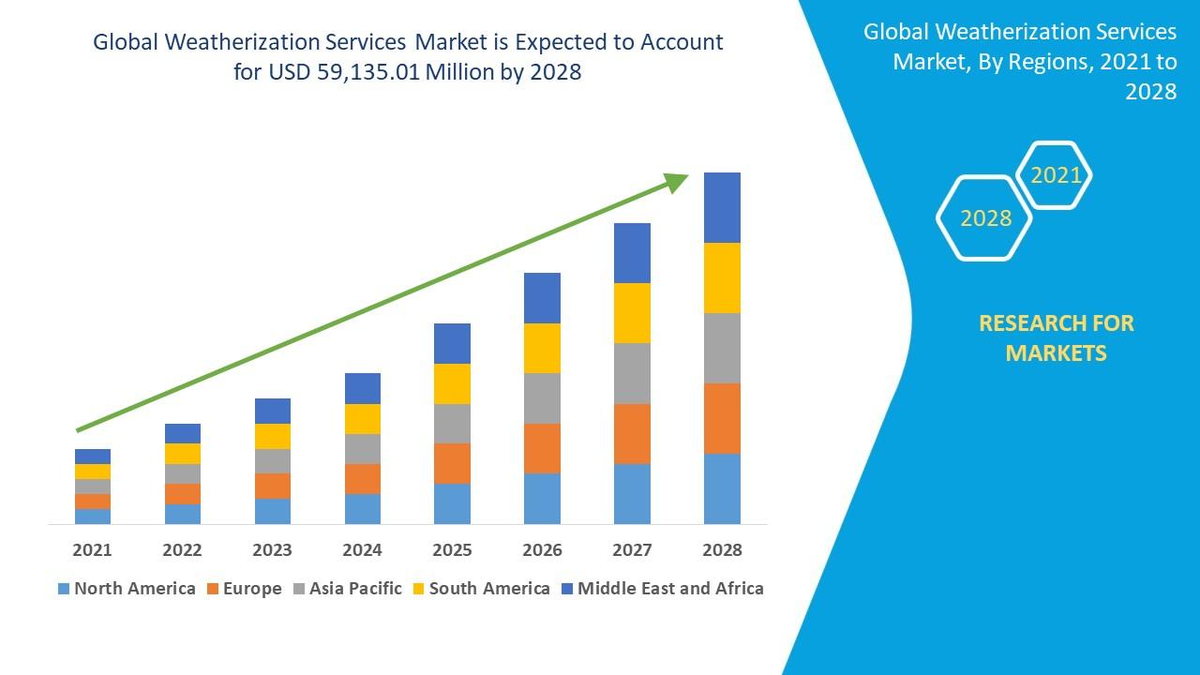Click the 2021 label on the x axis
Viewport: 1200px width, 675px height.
tap(92, 549)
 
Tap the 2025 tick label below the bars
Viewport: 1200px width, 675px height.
tap(452, 549)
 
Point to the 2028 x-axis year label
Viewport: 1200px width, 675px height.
tap(722, 549)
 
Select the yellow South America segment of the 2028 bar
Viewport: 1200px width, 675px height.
tap(722, 277)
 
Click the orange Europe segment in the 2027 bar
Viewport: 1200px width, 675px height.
tap(632, 433)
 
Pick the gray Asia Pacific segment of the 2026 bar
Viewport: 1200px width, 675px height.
tap(542, 398)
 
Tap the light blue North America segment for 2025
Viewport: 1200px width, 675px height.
tap(452, 503)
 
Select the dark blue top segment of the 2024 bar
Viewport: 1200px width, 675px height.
tap(362, 388)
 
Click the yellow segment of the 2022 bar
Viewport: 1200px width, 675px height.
tap(182, 454)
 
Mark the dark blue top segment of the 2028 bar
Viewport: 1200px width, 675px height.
tap(722, 207)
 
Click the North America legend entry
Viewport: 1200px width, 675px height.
tap(126, 589)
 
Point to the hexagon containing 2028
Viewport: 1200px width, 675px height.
tap(984, 218)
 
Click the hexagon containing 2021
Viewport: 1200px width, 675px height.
tap(1056, 175)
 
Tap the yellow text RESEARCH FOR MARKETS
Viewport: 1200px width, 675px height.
tap(1056, 337)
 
